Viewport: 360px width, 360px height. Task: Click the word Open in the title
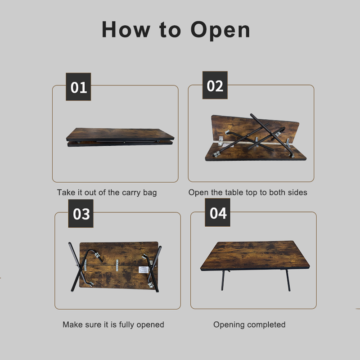(220, 30)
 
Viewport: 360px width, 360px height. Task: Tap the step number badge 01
(78, 87)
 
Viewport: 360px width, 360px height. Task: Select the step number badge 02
(215, 85)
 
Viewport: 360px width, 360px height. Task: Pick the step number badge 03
(81, 213)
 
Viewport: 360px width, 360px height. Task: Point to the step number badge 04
(218, 212)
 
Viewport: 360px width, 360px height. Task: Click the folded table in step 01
(120, 137)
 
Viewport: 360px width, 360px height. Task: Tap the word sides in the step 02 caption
(297, 193)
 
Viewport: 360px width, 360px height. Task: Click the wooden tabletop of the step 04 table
(254, 255)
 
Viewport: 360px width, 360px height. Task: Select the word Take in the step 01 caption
(65, 193)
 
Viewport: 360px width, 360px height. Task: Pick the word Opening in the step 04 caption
(228, 324)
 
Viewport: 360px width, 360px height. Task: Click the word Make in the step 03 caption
(72, 324)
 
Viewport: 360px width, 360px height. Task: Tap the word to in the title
(169, 30)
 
